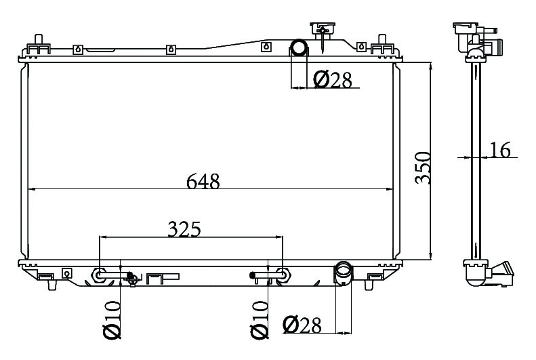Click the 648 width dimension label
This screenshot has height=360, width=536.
click(203, 181)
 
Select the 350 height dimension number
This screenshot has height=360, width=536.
click(423, 167)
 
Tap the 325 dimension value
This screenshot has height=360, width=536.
click(184, 229)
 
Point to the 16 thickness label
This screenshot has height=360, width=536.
click(500, 150)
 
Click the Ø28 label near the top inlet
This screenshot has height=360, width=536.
click(332, 79)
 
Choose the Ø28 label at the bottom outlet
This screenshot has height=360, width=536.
click(302, 325)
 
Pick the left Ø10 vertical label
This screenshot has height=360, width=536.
click(112, 319)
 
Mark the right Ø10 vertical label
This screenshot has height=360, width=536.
click(260, 320)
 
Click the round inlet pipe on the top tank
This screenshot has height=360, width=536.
click(299, 47)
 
